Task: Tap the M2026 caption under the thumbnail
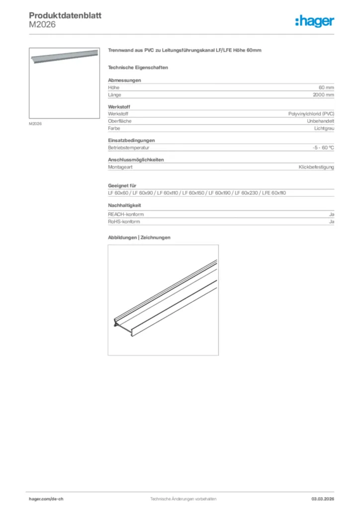pyautogui.click(x=35, y=123)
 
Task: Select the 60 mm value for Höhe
pyautogui.click(x=326, y=87)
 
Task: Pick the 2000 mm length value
pyautogui.click(x=323, y=94)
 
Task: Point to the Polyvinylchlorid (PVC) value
pyautogui.click(x=311, y=114)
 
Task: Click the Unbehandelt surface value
pyautogui.click(x=320, y=121)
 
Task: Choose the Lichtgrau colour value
pyautogui.click(x=324, y=128)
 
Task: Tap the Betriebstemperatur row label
pyautogui.click(x=129, y=148)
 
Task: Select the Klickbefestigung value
pyautogui.click(x=316, y=167)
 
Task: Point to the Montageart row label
pyautogui.click(x=120, y=167)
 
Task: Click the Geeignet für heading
pyautogui.click(x=122, y=186)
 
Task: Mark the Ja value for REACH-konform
pyautogui.click(x=332, y=214)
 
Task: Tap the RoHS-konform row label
pyautogui.click(x=124, y=222)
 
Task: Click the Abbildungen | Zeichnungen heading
pyautogui.click(x=139, y=238)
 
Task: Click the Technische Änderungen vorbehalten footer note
pyautogui.click(x=180, y=499)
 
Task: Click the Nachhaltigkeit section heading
pyautogui.click(x=125, y=205)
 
